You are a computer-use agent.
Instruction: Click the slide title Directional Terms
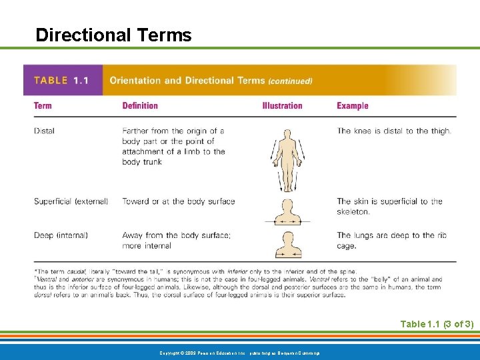pos(113,35)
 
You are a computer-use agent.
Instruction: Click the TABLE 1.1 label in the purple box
pos(61,81)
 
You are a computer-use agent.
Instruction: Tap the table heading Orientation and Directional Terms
pos(187,81)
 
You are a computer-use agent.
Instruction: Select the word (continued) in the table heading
pos(290,81)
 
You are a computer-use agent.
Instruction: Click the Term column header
pos(43,105)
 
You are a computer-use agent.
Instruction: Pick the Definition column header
pos(140,105)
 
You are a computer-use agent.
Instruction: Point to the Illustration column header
pos(282,105)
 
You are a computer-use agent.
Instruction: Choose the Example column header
pos(353,105)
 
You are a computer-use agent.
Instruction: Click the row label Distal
pos(45,131)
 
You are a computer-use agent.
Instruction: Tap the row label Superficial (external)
pos(71,201)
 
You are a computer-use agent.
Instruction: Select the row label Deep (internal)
pos(61,235)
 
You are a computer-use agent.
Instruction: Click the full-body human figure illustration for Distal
pos(287,160)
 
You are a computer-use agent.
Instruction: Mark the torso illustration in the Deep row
pos(283,244)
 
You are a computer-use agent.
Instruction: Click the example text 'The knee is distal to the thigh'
pos(394,131)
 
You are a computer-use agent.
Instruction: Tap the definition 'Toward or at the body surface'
pos(179,201)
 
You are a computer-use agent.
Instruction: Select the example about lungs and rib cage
pos(389,240)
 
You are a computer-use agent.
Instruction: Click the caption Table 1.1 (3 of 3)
pos(437,324)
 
